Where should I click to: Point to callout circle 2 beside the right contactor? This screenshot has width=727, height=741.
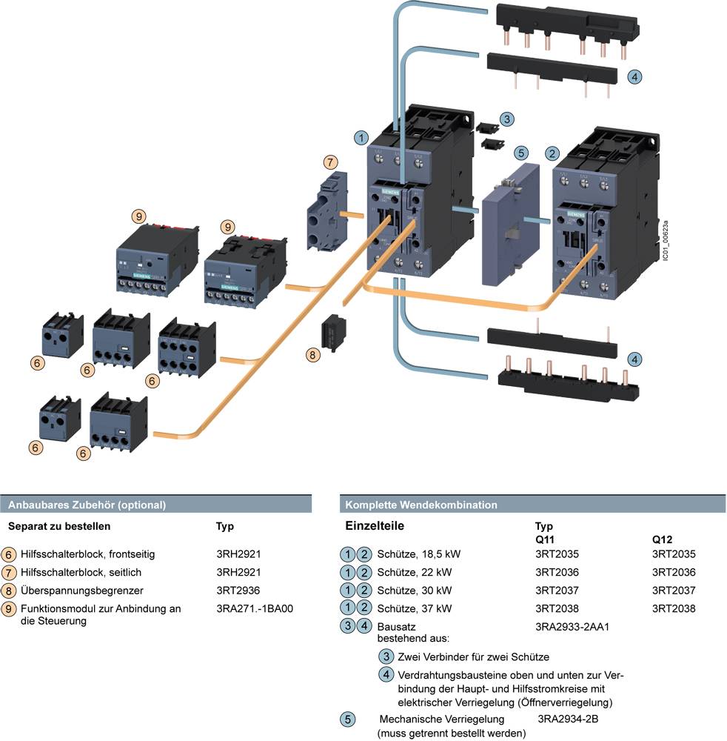(x=552, y=153)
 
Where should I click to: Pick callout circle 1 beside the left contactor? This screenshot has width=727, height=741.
(x=361, y=137)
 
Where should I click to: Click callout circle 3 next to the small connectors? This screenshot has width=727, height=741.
(x=506, y=119)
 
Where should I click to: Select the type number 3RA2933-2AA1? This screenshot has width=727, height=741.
(x=572, y=627)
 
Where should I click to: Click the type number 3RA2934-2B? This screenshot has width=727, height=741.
(x=568, y=719)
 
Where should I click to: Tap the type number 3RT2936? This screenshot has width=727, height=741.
(x=238, y=591)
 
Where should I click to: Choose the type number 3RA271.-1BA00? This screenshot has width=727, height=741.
(x=255, y=609)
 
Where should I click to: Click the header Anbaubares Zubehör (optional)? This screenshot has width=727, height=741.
(x=87, y=505)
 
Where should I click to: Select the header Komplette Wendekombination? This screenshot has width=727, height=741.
(x=421, y=505)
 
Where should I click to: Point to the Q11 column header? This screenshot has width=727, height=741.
(x=545, y=540)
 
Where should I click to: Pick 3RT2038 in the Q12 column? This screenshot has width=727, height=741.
(x=674, y=609)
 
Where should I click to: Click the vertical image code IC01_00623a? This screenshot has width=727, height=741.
(x=666, y=239)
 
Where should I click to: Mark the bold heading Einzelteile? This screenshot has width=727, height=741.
(x=375, y=526)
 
